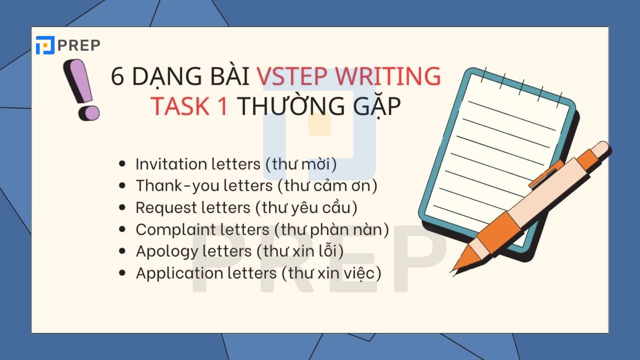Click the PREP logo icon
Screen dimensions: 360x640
coord(45,45)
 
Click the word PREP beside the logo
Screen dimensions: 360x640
coord(79,46)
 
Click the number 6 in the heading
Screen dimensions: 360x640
coord(117,76)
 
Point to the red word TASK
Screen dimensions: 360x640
coord(180,106)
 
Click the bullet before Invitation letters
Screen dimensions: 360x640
coord(122,164)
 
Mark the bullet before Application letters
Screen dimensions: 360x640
coord(122,273)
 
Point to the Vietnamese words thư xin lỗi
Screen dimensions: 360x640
coord(299,251)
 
